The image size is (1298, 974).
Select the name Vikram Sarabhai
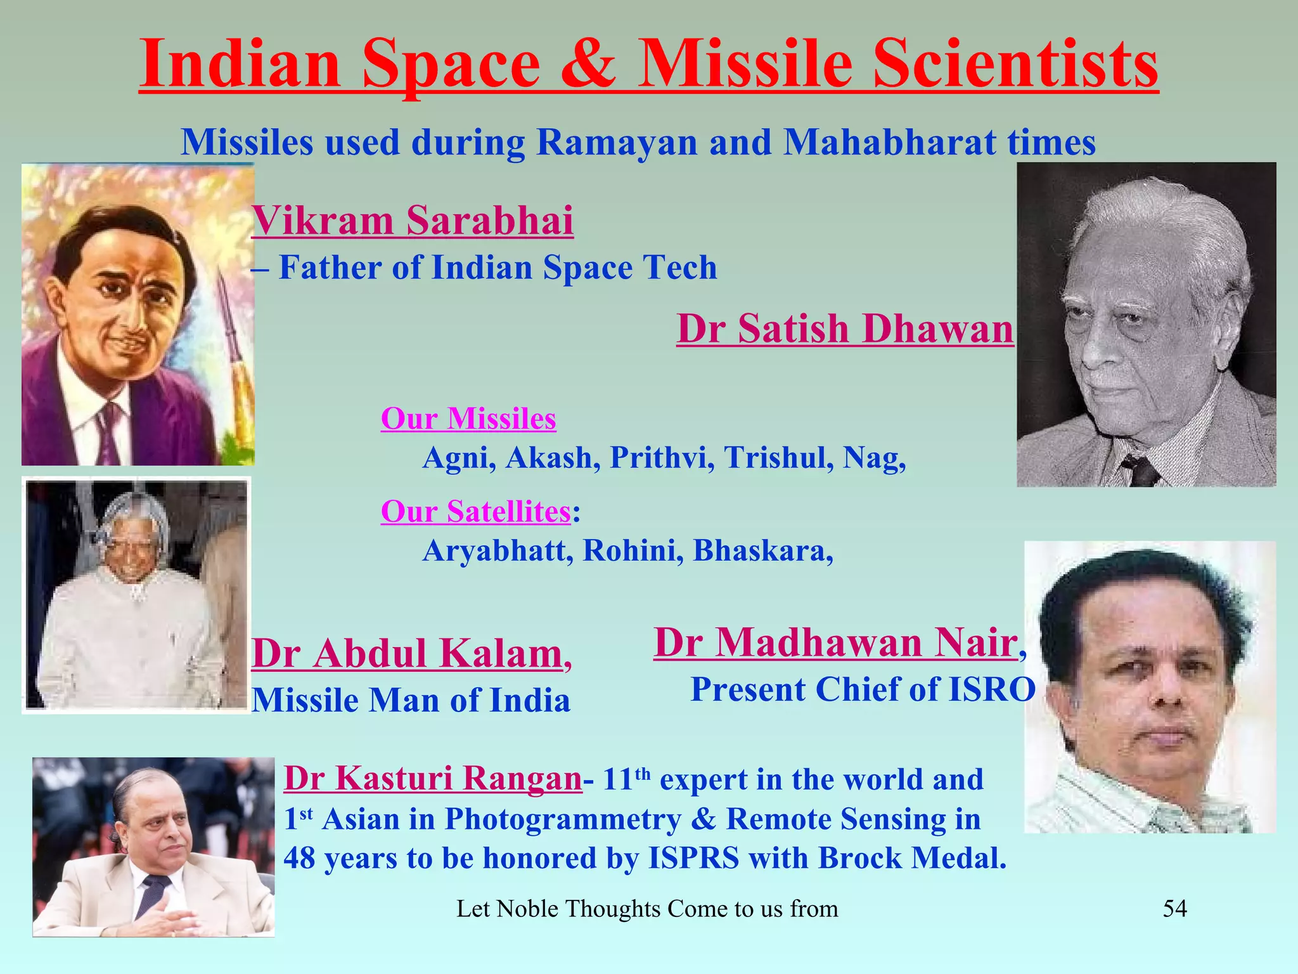413,221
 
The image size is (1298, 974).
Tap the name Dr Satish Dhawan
845,329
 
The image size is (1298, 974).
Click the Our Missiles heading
468,419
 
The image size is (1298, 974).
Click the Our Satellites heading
475,512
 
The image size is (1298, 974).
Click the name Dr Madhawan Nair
835,642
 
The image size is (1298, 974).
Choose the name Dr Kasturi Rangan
432,779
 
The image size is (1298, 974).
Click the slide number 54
1174,909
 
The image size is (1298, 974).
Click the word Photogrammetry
563,819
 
